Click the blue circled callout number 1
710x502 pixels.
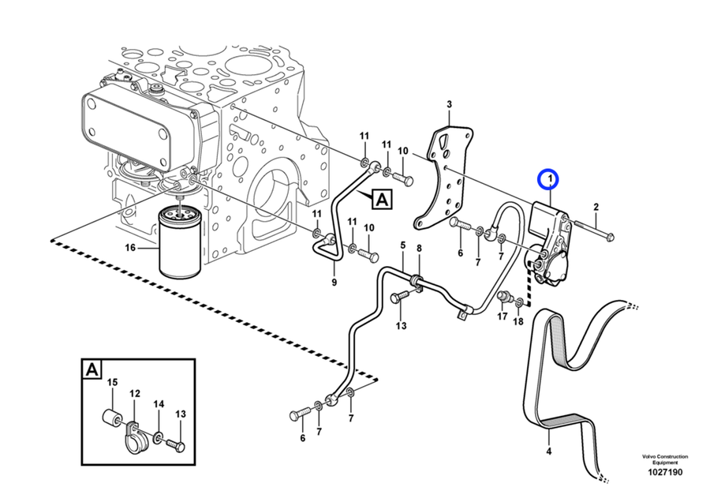point(547,180)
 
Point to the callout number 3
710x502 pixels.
point(449,104)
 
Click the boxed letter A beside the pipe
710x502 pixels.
point(381,200)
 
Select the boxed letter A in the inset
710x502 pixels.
point(92,369)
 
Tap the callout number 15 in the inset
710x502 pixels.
point(111,383)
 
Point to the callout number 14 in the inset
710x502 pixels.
point(159,404)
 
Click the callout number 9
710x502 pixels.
point(334,283)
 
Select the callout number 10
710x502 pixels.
point(402,151)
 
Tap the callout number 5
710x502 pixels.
point(402,246)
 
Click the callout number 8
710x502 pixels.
point(419,249)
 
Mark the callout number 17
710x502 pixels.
point(502,317)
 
